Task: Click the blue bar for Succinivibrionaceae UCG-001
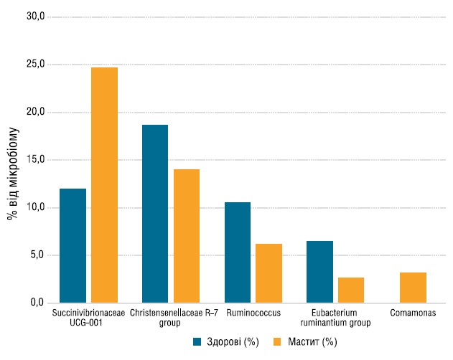point(73,246)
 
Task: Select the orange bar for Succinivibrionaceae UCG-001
point(104,185)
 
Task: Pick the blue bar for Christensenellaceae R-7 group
point(155,214)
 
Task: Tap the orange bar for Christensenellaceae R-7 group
point(187,236)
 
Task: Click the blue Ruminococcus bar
point(238,252)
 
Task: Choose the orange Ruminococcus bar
point(268,273)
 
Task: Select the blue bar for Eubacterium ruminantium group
point(319,272)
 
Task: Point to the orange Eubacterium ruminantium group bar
point(351,290)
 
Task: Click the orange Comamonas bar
point(413,288)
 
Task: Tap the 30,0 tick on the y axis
point(36,16)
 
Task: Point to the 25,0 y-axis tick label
point(36,64)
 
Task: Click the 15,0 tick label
point(36,159)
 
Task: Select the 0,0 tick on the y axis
point(37,302)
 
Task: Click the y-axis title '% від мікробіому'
point(13,174)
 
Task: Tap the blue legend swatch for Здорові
point(197,342)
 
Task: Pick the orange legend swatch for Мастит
point(277,342)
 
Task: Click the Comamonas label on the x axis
point(413,313)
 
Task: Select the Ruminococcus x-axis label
point(253,313)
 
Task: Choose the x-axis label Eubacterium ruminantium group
point(335,318)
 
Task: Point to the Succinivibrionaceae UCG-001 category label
point(88,318)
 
